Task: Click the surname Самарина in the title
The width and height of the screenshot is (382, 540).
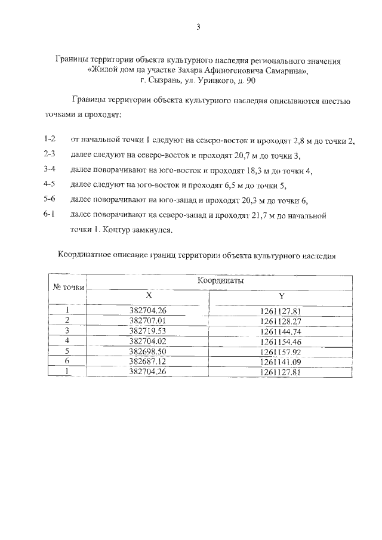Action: coord(281,70)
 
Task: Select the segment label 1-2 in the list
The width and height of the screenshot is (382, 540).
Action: coord(50,140)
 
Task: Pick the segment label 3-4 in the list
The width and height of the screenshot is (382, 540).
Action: coord(50,169)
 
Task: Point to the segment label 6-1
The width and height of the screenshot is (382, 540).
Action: coord(50,213)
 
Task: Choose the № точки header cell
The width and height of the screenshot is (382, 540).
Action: coord(69,286)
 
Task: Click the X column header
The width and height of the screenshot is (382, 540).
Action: coord(149,295)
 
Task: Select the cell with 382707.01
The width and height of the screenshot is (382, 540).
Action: coord(147,320)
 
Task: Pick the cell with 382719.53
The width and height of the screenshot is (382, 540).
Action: coord(147,330)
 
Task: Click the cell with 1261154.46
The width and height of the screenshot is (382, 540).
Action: coord(280,341)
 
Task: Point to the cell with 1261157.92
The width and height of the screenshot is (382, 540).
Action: coord(280,351)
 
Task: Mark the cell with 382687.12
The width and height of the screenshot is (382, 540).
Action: coord(147,361)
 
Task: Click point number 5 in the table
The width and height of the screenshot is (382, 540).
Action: coord(68,351)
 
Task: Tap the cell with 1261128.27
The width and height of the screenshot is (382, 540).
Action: coord(280,320)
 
